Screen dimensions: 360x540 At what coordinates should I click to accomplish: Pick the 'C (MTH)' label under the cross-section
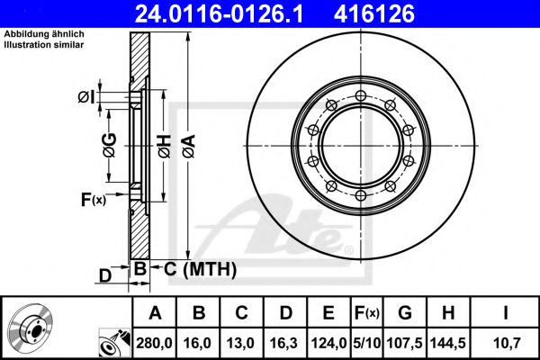(x=199, y=268)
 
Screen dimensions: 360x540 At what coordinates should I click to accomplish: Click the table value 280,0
(x=155, y=342)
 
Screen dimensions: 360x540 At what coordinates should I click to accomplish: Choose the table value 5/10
(x=367, y=342)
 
